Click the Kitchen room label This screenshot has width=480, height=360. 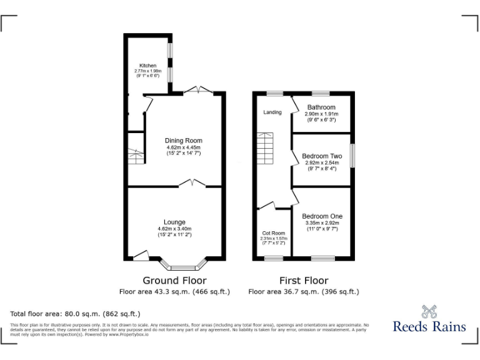point(147,66)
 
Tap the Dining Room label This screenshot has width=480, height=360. point(183,141)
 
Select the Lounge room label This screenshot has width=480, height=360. point(174,222)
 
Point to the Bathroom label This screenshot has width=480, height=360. point(320,107)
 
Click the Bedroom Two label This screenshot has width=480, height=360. point(322,156)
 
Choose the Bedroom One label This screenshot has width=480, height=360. point(322,216)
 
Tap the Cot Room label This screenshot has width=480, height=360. point(272,232)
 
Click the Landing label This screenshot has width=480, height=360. point(272,112)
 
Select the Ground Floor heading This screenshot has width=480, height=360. point(174,280)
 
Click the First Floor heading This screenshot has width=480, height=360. point(304,280)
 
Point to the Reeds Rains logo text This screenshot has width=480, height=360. point(429,326)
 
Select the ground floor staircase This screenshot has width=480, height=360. point(136,155)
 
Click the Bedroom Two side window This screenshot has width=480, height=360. point(352,156)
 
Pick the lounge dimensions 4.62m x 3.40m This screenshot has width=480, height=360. point(174,229)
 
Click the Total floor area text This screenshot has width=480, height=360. point(76,314)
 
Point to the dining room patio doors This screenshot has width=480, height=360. point(198,91)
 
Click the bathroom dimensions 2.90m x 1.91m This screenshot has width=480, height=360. point(321,114)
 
